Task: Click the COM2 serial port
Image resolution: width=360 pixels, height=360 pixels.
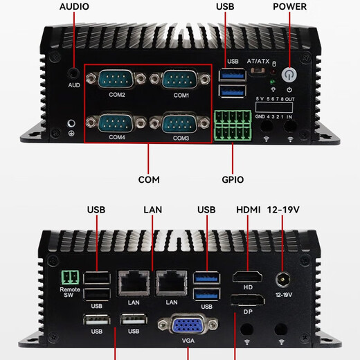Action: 116,80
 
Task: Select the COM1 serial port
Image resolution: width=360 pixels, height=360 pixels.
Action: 181,80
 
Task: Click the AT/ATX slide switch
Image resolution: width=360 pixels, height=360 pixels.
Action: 258,71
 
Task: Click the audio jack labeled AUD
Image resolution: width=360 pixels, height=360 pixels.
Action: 73,72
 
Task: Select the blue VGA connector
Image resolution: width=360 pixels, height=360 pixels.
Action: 188,327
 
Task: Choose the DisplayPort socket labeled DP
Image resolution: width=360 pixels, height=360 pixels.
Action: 246,302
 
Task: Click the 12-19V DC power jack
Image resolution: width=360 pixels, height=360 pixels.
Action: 282,279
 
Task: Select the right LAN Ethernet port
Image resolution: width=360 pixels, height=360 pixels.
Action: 170,282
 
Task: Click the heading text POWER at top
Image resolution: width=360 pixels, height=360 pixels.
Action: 289,7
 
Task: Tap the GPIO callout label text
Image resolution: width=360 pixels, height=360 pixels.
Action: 233,179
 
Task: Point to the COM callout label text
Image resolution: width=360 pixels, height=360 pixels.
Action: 148,179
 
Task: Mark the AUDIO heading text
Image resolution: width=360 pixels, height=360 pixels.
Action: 74,7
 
